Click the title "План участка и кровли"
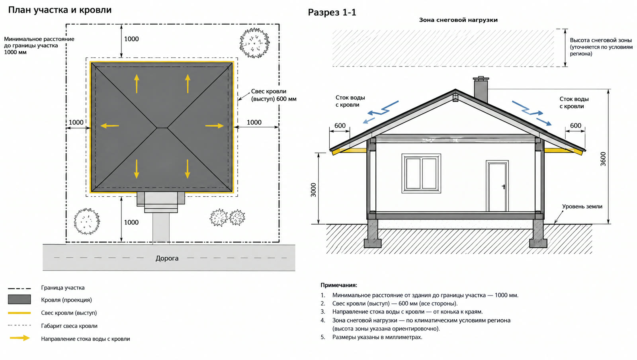tap(60, 10)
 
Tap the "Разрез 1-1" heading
tap(332, 12)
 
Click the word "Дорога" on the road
tap(167, 258)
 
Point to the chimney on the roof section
tap(481, 90)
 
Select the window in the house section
tap(421, 174)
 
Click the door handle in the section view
tap(504, 186)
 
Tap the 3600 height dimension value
tap(603, 159)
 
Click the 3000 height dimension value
tap(313, 190)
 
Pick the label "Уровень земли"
tap(582, 206)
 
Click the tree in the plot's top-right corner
tap(254, 43)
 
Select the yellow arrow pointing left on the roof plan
tap(109, 125)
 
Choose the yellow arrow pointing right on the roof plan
tap(215, 125)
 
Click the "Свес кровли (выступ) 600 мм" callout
tap(274, 95)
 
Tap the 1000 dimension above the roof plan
tap(131, 39)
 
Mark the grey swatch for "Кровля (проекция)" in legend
tap(20, 299)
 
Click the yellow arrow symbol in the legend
tap(20, 338)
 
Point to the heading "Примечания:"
tap(339, 285)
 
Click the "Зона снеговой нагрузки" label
tap(458, 20)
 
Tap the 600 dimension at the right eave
tap(576, 125)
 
